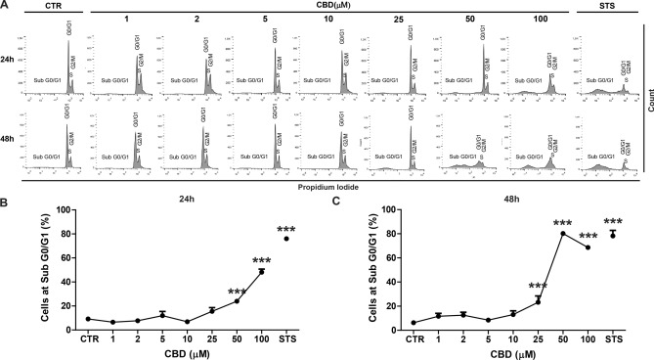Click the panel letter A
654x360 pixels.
click(6, 6)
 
